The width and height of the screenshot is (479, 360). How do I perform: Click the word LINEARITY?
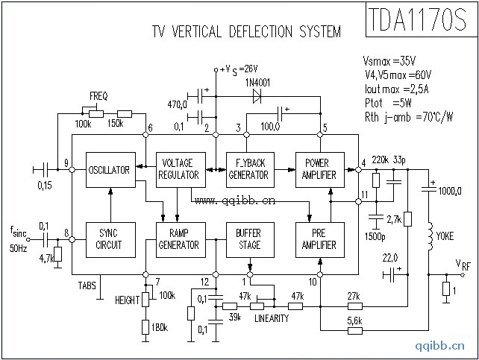point(271,319)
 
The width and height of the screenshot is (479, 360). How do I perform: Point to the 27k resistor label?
point(354,296)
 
